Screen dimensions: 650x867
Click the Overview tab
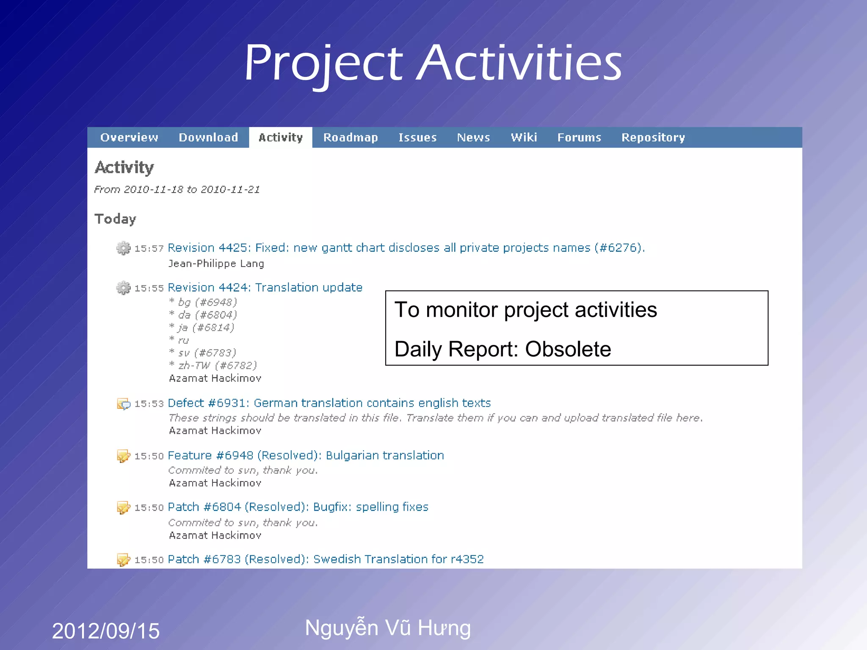129,138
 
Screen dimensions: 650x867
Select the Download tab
208,138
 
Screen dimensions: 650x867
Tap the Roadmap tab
351,138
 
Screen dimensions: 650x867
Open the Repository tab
653,138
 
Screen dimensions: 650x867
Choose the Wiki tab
524,138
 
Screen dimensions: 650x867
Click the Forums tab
579,138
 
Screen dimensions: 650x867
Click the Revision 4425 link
406,248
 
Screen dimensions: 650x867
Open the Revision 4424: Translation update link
265,287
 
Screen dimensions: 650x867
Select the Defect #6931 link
329,403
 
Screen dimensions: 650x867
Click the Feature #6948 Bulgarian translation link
306,455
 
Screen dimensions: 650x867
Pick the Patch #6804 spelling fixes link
298,507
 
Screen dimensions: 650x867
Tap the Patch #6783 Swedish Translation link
326,559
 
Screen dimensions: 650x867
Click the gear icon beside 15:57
124,248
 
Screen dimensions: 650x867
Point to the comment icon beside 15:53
124,404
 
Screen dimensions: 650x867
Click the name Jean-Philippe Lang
216,264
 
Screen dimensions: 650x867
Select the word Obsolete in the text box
568,349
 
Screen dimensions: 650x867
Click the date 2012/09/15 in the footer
105,631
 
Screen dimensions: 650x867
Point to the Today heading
115,219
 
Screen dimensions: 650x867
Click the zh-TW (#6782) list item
217,365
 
